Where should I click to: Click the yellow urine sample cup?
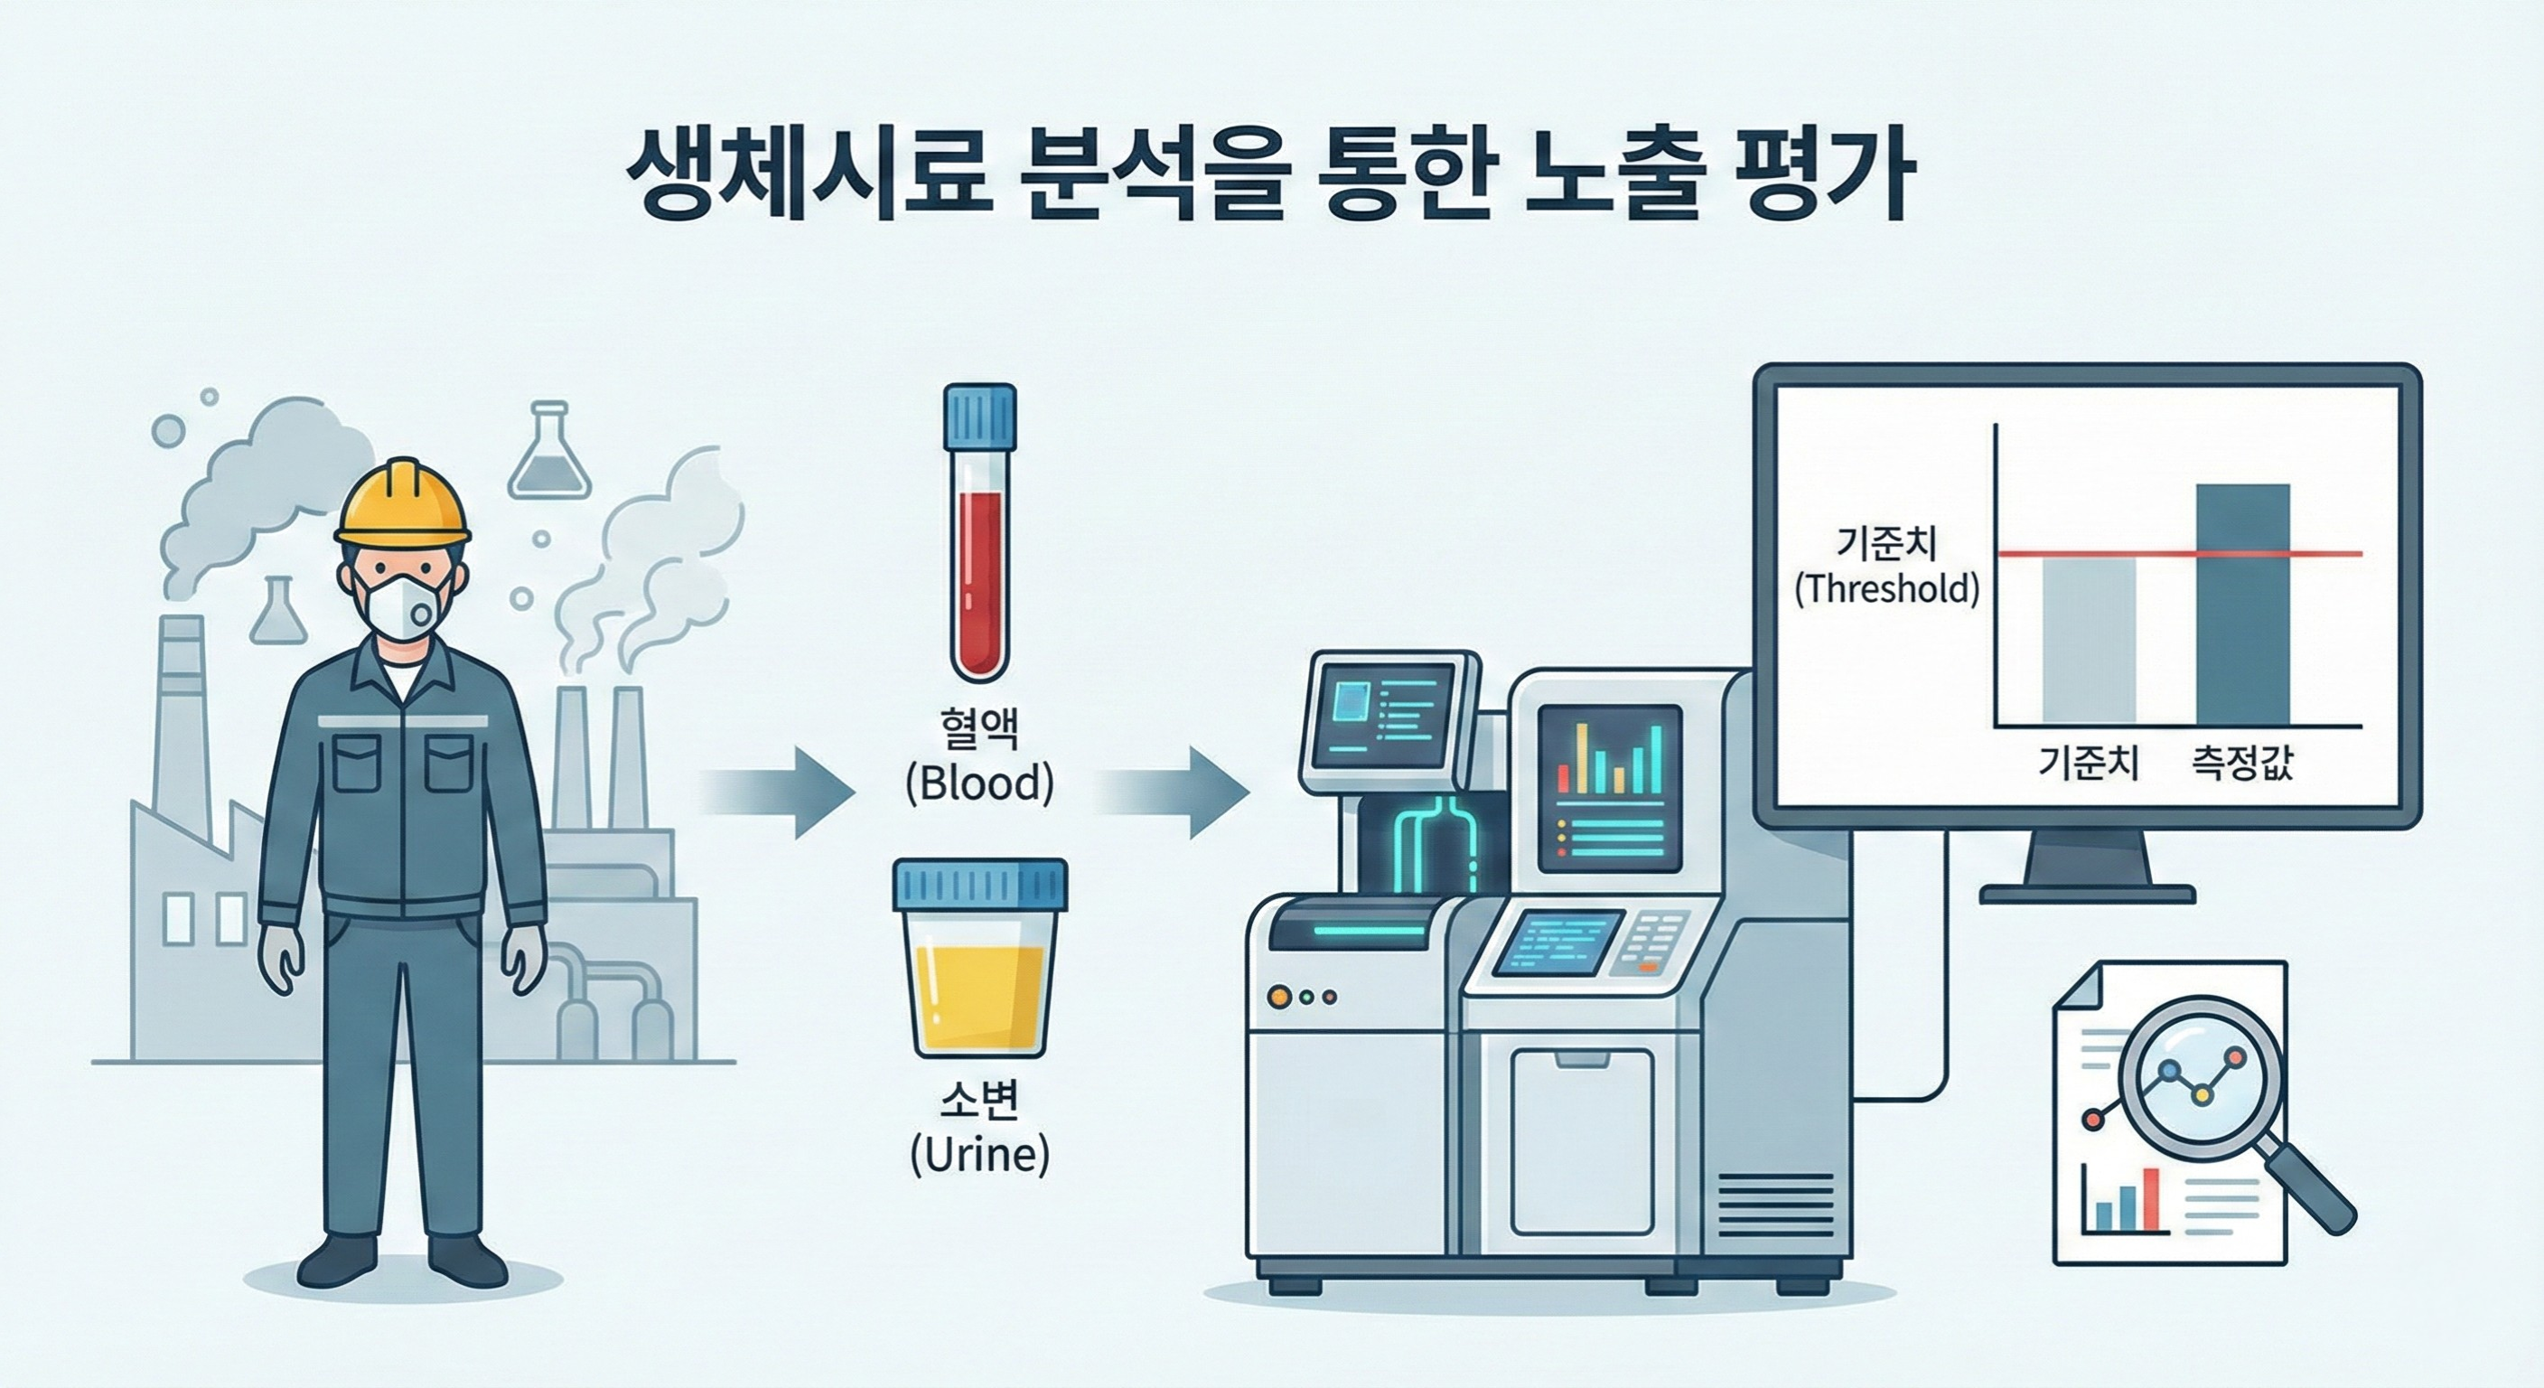[979, 958]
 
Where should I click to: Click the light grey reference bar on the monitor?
[2089, 642]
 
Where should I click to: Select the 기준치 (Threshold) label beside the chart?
[1887, 565]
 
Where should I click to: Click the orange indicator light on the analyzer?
[1280, 996]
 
